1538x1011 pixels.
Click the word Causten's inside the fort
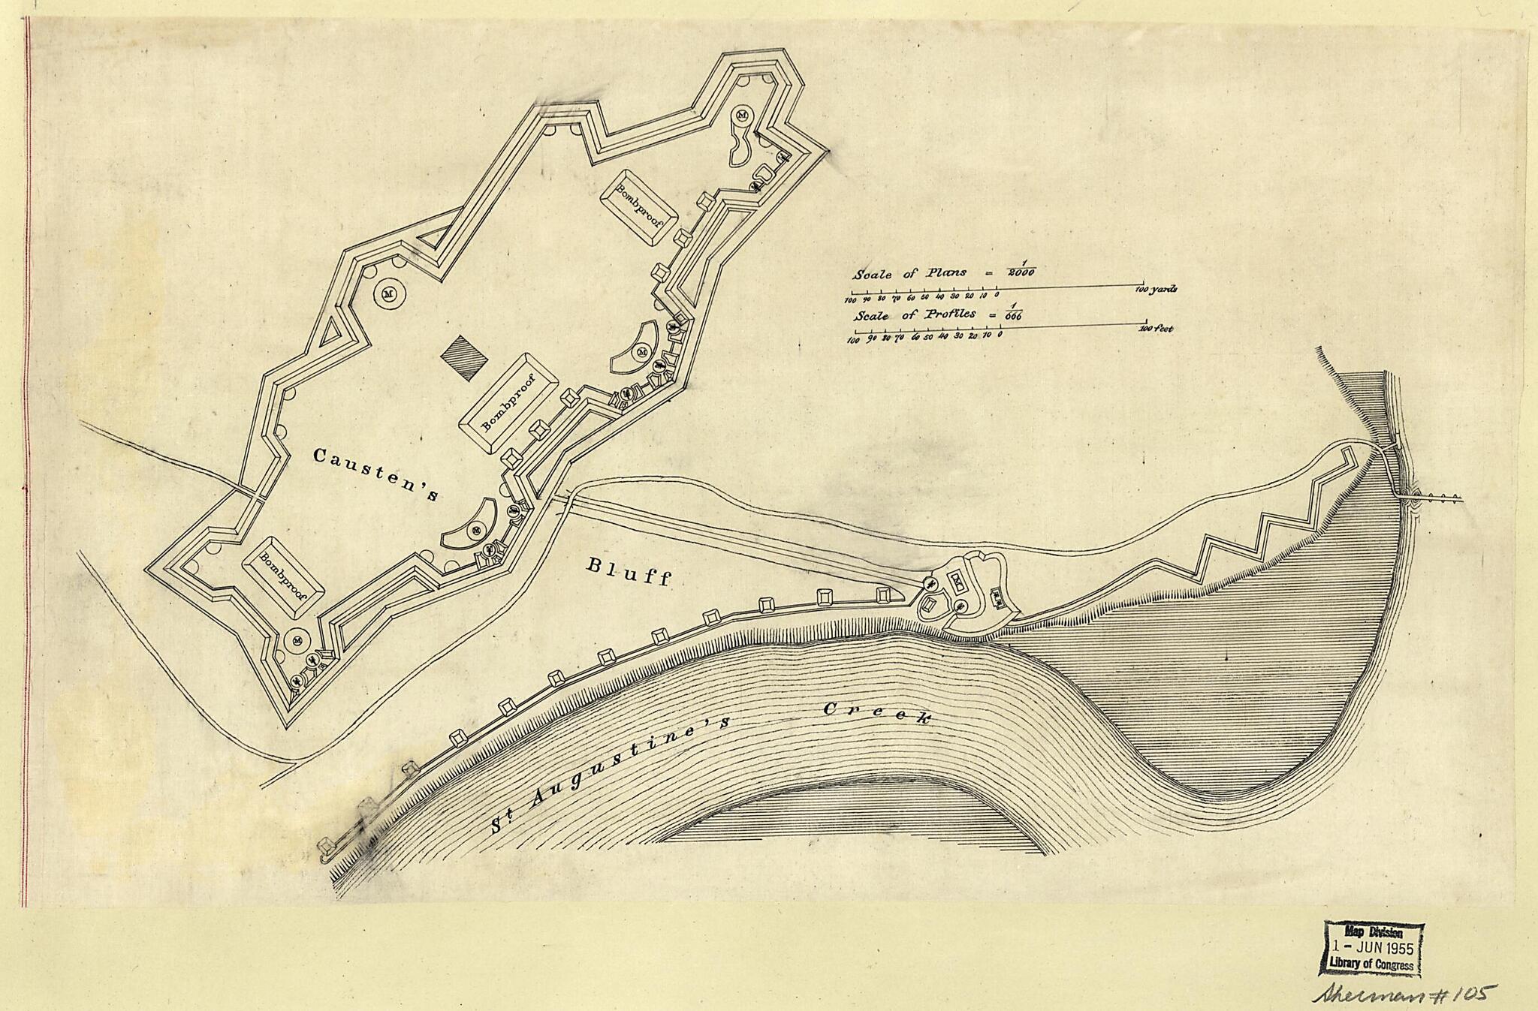coord(375,474)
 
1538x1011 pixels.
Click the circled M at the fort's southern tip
coord(298,640)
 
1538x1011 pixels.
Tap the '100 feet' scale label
coord(1156,329)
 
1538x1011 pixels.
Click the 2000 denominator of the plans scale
coord(1021,273)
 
